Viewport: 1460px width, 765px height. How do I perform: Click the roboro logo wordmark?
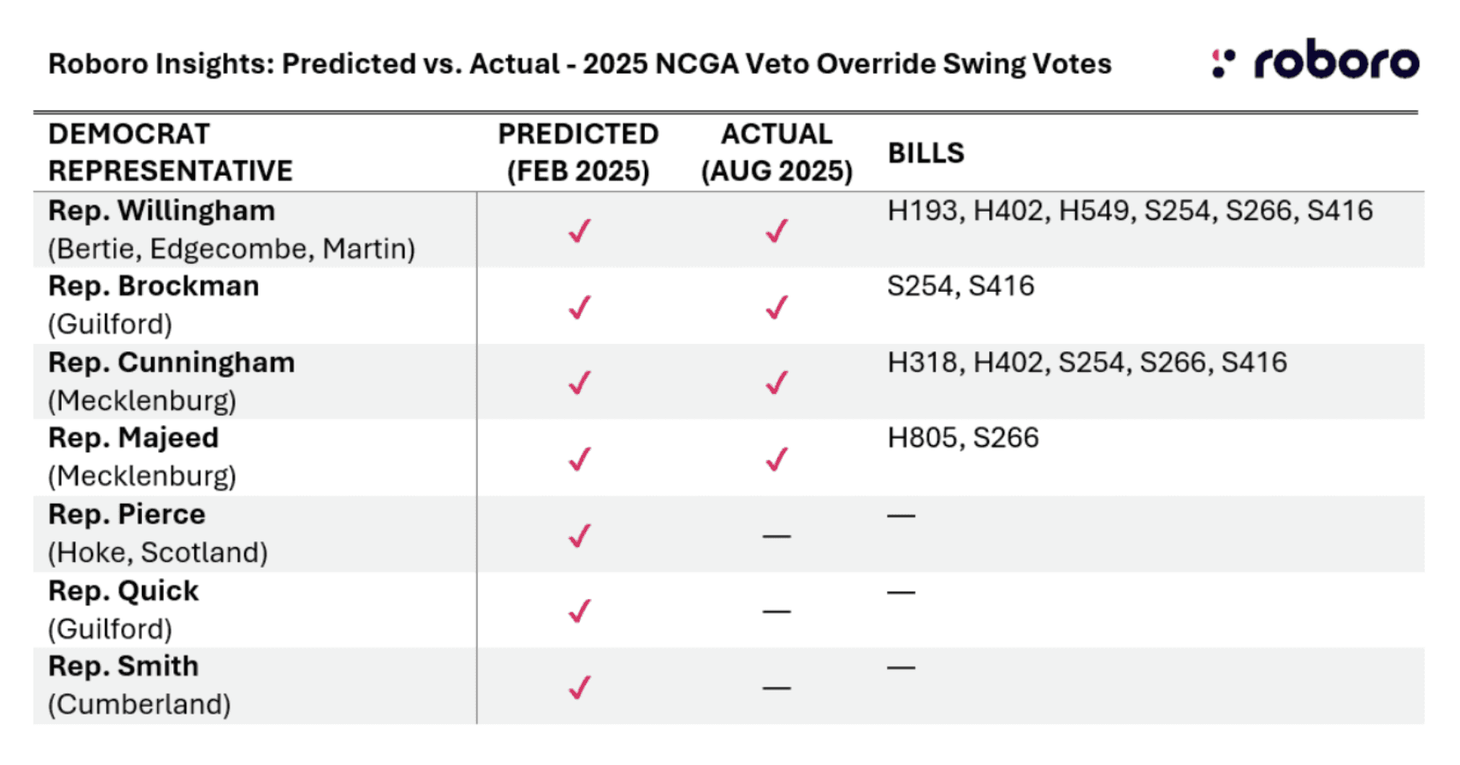[x=1336, y=63]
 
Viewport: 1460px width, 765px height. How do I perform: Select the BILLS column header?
[x=926, y=152]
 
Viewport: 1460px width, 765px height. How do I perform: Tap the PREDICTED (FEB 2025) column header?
[x=578, y=152]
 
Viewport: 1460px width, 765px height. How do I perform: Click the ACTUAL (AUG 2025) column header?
[x=776, y=152]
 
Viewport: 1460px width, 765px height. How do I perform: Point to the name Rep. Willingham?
[x=161, y=211]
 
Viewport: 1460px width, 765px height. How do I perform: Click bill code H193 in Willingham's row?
[x=923, y=211]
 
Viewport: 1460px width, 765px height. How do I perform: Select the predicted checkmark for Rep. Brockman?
[x=579, y=307]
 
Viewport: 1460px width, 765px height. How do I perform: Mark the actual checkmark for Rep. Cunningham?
[x=777, y=382]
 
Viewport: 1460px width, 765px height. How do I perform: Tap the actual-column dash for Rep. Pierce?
[x=777, y=536]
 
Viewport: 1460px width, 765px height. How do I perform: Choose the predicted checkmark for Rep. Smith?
[x=579, y=687]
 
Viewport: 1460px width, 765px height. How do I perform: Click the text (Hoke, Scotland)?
[x=158, y=552]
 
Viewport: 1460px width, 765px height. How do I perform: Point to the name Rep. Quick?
[x=124, y=591]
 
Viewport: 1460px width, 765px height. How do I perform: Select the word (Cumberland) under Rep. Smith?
[x=140, y=704]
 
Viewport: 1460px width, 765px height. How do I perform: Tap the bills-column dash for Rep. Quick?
[x=901, y=593]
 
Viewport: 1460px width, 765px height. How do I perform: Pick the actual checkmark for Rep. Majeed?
[x=777, y=459]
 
